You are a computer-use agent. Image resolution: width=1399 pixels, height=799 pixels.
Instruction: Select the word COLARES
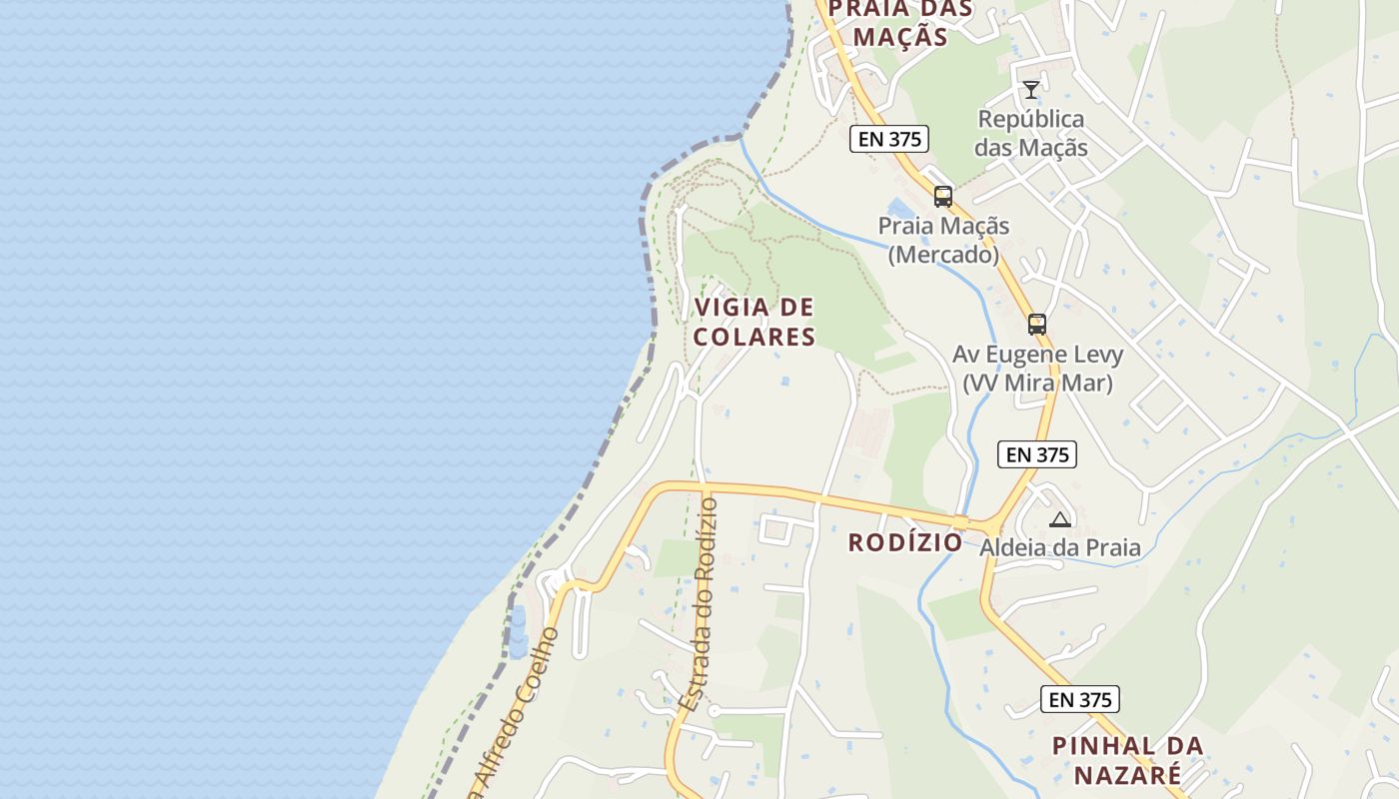click(x=754, y=338)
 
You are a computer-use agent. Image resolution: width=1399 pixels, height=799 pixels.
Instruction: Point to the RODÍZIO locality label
click(x=905, y=542)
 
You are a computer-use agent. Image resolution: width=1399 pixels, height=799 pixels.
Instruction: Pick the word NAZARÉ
click(x=1127, y=775)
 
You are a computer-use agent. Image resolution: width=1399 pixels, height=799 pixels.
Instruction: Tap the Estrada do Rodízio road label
click(x=699, y=604)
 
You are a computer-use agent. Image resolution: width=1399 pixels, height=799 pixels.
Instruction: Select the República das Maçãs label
click(x=1031, y=134)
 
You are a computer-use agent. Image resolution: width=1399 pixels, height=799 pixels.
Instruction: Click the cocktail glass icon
click(x=1031, y=90)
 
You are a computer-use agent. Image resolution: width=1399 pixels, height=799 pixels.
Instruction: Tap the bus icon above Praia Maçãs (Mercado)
click(x=943, y=197)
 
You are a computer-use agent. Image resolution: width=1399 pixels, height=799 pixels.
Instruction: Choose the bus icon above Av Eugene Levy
click(x=1037, y=325)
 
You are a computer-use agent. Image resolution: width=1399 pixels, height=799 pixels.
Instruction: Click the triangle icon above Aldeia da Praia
click(x=1060, y=519)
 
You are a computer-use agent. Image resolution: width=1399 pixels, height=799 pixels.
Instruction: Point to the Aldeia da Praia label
click(x=1060, y=547)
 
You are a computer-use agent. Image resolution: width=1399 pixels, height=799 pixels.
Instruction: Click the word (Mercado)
click(x=944, y=255)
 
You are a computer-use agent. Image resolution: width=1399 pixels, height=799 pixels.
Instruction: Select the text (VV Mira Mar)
click(x=1037, y=383)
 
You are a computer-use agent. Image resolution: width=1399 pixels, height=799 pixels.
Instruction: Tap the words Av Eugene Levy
click(x=1037, y=355)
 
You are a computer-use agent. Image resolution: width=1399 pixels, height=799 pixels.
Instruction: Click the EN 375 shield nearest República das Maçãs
click(x=889, y=139)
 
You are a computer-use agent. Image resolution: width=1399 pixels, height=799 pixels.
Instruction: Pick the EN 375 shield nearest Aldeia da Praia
click(x=1037, y=454)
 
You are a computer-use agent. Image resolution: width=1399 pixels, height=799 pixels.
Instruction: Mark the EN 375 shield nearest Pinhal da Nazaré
click(x=1079, y=699)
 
